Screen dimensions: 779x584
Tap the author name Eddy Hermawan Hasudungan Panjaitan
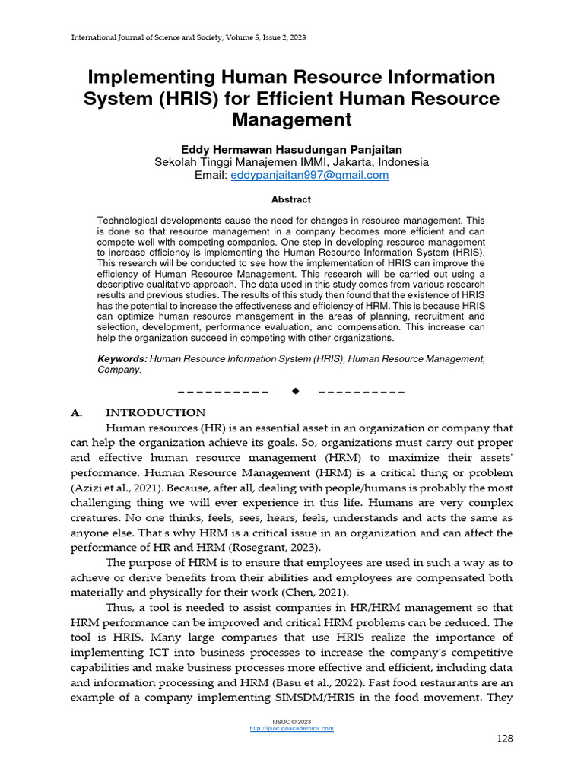291,149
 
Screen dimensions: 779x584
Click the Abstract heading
291,199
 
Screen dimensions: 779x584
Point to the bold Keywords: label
122,358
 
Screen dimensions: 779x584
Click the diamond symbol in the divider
295,391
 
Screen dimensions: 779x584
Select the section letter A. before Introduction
76,413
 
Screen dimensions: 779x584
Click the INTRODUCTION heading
155,413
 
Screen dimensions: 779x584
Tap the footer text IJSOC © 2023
291,720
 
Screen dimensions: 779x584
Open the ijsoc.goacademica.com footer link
291,728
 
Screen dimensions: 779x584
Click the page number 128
505,739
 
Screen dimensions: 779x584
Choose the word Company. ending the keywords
119,370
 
